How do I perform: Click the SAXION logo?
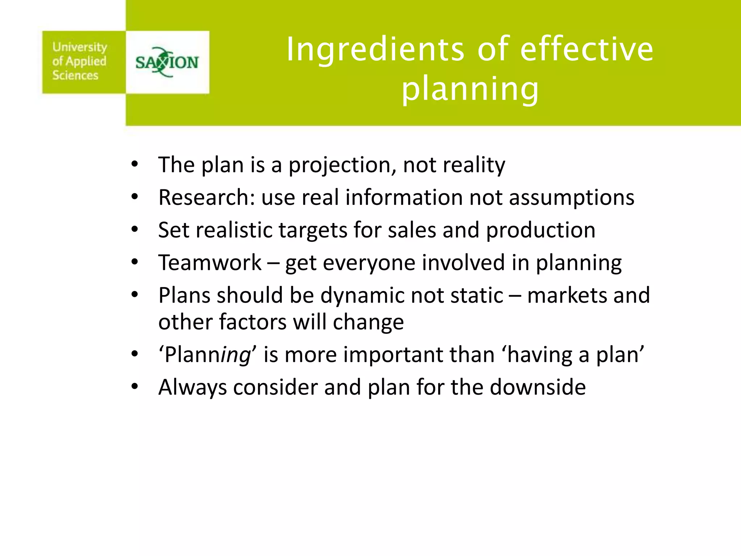click(x=167, y=62)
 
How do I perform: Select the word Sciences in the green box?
click(x=75, y=75)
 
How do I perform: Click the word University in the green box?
click(x=80, y=47)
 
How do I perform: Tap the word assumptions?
click(x=572, y=198)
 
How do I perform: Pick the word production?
click(x=541, y=230)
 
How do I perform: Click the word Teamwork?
click(x=209, y=263)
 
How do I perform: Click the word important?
click(x=393, y=355)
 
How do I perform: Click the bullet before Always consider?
click(x=135, y=387)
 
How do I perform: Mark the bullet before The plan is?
click(x=135, y=164)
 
